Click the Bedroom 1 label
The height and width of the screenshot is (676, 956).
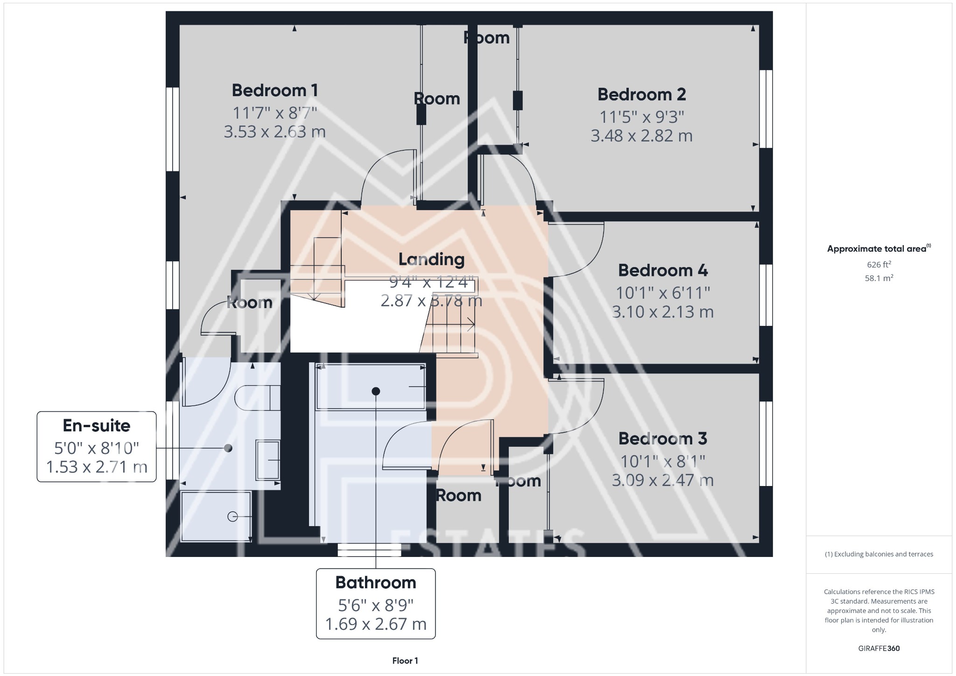pos(275,90)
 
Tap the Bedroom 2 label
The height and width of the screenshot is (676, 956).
pos(641,94)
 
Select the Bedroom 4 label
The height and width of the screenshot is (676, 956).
pos(663,270)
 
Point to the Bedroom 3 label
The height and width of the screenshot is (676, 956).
pos(662,438)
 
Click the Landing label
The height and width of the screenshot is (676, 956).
pos(431,259)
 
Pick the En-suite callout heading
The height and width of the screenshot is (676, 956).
pos(97,425)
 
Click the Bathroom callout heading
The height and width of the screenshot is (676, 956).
pos(376,582)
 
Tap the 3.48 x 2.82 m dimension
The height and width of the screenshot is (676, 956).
pos(641,136)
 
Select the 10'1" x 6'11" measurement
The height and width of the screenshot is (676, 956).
pos(663,293)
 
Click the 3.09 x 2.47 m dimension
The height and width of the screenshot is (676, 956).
pos(662,480)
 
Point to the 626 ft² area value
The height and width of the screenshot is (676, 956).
pos(879,264)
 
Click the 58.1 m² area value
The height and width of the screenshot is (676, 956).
pos(879,278)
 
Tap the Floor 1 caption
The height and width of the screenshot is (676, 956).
pos(405,661)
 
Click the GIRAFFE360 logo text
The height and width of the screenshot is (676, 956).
pos(879,648)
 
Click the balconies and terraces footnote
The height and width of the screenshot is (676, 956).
pos(879,554)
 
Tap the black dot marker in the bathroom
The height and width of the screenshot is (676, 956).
pos(376,391)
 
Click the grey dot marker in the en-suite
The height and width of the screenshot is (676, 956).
pos(228,448)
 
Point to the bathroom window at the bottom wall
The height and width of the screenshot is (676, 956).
pos(369,550)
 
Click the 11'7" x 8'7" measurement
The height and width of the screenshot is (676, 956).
pos(275,113)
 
